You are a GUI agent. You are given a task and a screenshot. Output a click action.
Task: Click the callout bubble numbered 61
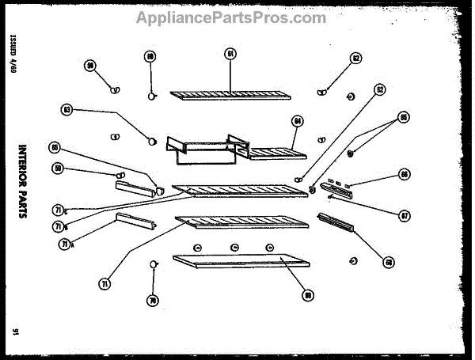pos(230,54)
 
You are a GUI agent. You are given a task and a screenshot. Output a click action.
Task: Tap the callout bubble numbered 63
pos(67,109)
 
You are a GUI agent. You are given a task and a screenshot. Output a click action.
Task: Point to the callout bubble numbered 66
pos(405,174)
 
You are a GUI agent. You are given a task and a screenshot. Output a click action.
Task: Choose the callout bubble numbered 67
pos(404,214)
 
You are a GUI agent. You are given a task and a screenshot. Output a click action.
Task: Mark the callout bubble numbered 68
pos(388,262)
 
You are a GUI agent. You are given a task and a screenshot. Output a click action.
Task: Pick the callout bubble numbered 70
pos(152,300)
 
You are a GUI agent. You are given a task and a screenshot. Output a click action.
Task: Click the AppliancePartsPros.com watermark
pos(231,17)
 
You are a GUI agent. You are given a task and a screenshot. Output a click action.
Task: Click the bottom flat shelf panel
pos(237,263)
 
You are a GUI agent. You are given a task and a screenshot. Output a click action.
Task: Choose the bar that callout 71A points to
pos(139,220)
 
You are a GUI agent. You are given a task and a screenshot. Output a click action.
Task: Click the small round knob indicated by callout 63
pos(149,140)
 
